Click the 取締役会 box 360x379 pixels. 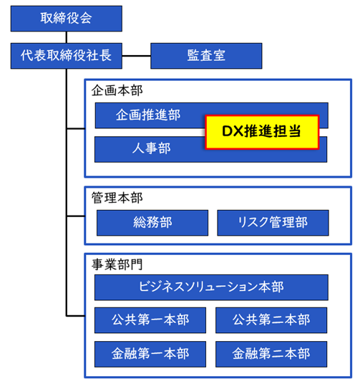click(x=66, y=19)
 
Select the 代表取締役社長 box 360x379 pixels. click(x=66, y=56)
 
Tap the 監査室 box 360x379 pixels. click(x=206, y=56)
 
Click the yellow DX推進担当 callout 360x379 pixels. click(x=262, y=132)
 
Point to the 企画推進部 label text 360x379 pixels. click(x=148, y=115)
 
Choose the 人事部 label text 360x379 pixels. click(x=152, y=148)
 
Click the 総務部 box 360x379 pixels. click(x=152, y=223)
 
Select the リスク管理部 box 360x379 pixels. click(x=273, y=223)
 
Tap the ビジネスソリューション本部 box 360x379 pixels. click(x=211, y=287)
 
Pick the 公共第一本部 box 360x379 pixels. click(x=150, y=320)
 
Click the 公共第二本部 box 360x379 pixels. click(x=271, y=320)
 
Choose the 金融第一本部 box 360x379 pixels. click(x=150, y=354)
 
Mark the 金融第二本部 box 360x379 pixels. click(x=271, y=354)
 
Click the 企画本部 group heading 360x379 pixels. click(x=117, y=91)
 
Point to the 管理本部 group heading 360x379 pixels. click(x=117, y=198)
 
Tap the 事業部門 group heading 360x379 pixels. click(x=117, y=264)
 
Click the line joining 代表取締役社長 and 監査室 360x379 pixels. click(x=137, y=56)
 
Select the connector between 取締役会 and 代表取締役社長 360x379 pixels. click(x=67, y=37)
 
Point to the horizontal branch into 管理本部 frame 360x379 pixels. click(x=76, y=216)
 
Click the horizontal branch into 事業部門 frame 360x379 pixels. click(x=76, y=316)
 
